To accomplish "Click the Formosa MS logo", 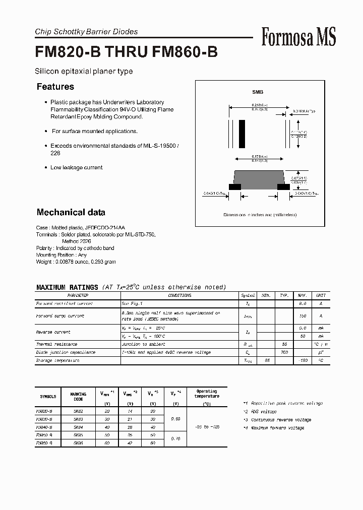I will (298, 37).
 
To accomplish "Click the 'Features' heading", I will (55, 87).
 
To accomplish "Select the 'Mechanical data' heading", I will (71, 212).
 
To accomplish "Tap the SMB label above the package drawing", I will (258, 92).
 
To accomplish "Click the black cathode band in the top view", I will (242, 133).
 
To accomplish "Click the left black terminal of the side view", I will (235, 186).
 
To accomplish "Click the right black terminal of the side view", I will (283, 186).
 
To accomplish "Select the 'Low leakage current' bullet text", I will (76, 167).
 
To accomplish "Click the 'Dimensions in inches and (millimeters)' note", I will (260, 215).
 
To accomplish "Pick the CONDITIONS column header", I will (179, 295).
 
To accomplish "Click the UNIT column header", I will (321, 295).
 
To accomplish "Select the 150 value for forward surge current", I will (303, 316).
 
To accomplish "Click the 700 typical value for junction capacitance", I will (284, 352).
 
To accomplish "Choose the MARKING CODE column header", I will (78, 396).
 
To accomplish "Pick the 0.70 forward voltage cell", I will (175, 439).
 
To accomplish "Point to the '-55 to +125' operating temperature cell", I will (207, 427).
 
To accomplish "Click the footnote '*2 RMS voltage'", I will (260, 412).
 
